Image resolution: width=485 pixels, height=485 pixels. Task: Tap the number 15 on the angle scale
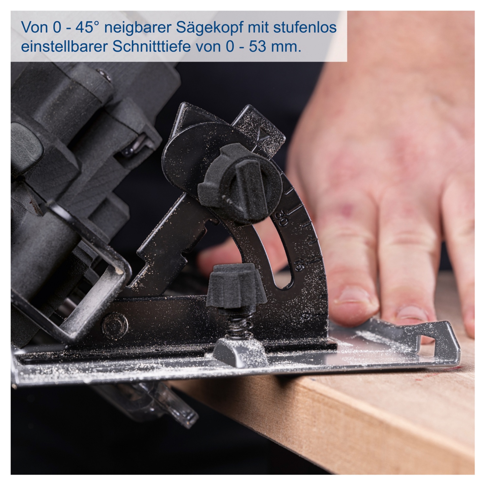point(299,264)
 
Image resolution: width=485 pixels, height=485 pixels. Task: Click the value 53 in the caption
point(258,47)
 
